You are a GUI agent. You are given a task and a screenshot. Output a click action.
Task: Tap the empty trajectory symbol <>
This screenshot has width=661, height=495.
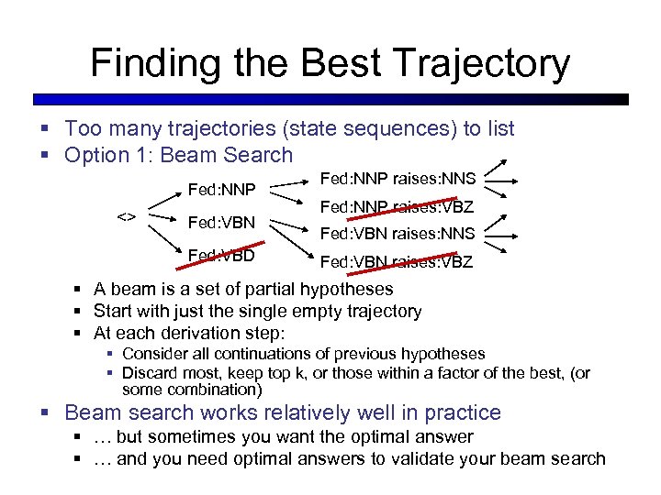pos(127,217)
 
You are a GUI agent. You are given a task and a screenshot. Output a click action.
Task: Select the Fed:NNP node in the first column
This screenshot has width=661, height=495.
pos(221,191)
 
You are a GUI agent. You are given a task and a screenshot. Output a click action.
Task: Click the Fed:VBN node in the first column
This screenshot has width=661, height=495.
pos(221,222)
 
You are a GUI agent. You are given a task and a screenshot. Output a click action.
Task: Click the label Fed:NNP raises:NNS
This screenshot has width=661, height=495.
pos(397,180)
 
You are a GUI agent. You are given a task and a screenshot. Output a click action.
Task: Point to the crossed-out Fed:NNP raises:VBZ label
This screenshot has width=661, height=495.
pos(397,207)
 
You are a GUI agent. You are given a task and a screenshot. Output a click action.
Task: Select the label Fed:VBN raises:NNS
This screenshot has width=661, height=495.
pos(397,234)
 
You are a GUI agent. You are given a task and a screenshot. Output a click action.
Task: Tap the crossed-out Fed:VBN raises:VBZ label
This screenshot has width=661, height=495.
pos(397,262)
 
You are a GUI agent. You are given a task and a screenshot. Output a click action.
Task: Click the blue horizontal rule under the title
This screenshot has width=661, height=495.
pos(330,99)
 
